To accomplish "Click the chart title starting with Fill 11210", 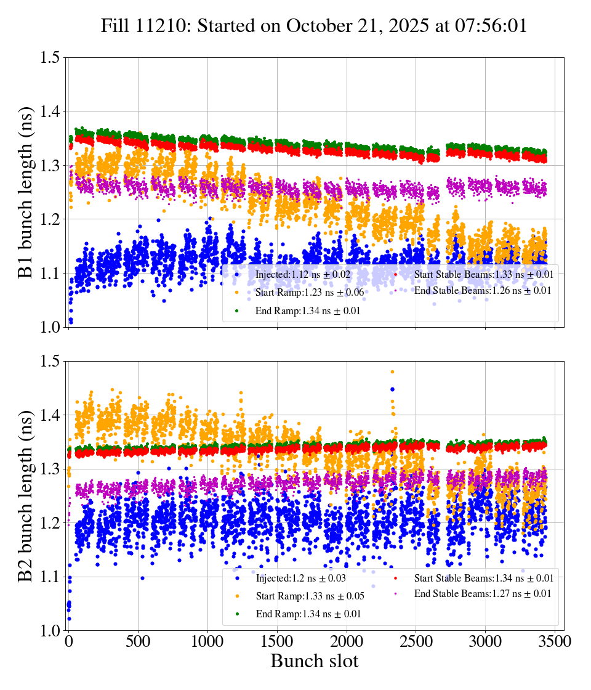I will [314, 26].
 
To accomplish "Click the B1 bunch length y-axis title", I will [26, 192].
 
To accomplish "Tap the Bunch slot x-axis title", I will [314, 661].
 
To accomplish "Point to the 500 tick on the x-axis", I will [138, 642].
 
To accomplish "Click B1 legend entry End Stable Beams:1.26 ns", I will [482, 290].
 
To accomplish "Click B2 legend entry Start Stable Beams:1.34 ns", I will [483, 578].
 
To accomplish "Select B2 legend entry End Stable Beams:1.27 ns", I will [482, 593].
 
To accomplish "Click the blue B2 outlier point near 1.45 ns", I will [392, 389].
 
